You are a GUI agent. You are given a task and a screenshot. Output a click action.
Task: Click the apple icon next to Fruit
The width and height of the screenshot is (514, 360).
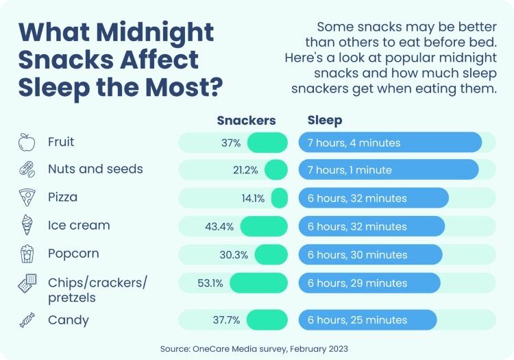coord(25,143)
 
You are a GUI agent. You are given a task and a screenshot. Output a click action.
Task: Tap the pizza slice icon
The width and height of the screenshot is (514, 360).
coord(25,198)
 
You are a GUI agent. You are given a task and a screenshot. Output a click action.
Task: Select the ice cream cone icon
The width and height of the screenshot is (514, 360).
coord(25,226)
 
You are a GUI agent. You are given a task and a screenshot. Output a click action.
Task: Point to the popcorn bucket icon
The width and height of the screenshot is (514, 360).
coord(25,254)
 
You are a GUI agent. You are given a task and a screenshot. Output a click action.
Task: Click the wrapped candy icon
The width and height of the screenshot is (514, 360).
coord(25,320)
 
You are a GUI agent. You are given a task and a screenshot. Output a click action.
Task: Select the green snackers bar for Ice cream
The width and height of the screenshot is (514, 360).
coord(264,226)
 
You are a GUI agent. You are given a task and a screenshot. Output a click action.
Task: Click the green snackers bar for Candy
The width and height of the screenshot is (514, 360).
coord(267,320)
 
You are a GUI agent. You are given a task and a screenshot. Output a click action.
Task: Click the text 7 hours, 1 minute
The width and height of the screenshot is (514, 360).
coord(350,169)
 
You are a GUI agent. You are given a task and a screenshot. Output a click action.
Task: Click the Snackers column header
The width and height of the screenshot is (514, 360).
coord(246,120)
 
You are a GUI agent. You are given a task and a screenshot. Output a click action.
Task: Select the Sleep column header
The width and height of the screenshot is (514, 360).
coord(324,120)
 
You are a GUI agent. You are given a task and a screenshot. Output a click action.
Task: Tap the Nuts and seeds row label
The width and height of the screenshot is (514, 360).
coord(95,169)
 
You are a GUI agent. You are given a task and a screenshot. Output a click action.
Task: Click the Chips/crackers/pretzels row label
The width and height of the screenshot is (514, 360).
coord(97,289)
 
